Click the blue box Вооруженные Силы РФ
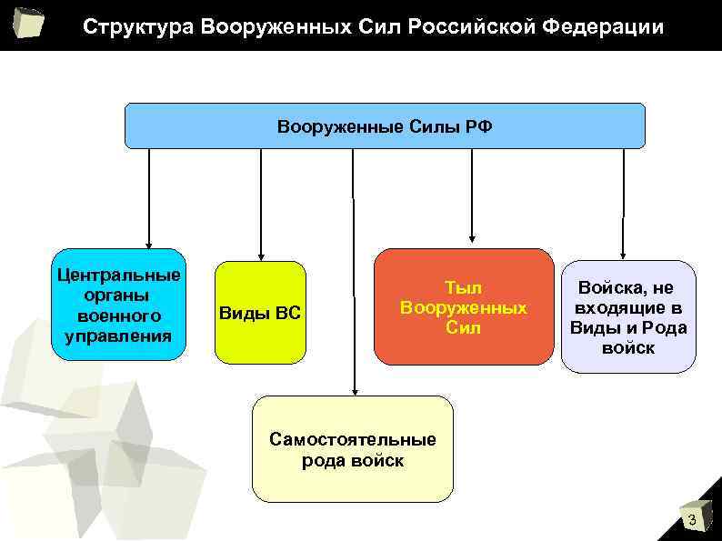tap(385, 125)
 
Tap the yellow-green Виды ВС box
tap(260, 313)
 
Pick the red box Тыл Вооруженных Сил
tap(464, 307)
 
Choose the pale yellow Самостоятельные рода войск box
tap(353, 449)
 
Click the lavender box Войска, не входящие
tap(628, 317)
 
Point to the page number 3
tap(692, 520)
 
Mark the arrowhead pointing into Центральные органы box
tap(149, 243)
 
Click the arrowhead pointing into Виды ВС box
tap(261, 255)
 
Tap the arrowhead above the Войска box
tap(623, 255)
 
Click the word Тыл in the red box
tap(463, 287)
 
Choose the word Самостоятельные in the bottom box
tap(353, 440)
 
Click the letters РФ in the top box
tap(479, 126)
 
